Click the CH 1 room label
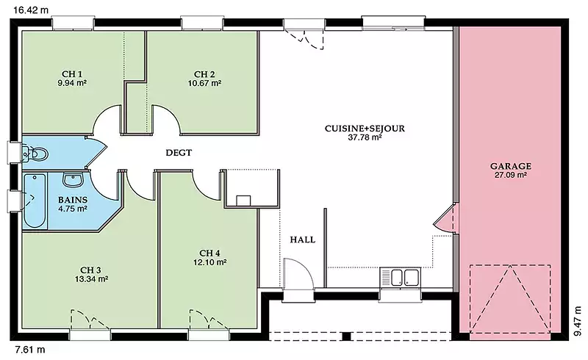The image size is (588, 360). coord(72,74)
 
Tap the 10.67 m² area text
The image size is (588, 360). coord(204,83)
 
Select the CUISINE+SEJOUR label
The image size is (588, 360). coord(365,129)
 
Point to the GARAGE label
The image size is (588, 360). coord(510,166)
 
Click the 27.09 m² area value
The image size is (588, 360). coord(510,175)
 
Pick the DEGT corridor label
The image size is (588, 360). coord(179,153)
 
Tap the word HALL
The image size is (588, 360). coord(302,240)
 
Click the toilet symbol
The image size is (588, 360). coord(35,154)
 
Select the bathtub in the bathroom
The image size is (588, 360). coord(35,201)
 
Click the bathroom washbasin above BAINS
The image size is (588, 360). coord(73,179)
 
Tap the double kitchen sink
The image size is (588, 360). coord(400,278)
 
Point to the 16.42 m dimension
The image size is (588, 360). coord(31,10)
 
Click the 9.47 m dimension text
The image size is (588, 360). coord(578,320)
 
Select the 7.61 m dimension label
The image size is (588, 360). coord(29,350)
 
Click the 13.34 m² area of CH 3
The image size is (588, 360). coord(91,279)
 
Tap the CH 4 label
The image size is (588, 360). coord(209,253)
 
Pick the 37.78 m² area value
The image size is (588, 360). coord(365,137)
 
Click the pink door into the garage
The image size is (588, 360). coord(445,218)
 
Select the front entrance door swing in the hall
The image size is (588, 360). coord(298,274)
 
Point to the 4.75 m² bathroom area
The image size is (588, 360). coord(73,209)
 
